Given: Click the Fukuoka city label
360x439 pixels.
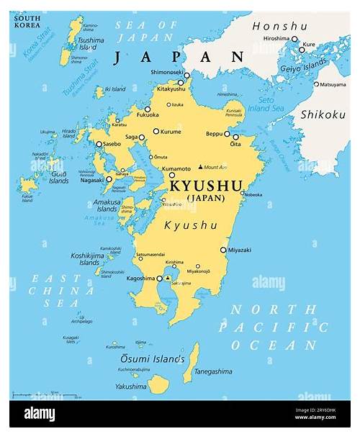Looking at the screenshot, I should (146, 114).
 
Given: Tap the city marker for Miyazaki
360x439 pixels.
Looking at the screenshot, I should (223, 250).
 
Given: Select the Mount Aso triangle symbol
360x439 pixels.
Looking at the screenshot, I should (200, 167).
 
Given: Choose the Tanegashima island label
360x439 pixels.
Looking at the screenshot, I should (212, 371).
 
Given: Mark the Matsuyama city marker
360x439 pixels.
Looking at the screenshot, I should (315, 84).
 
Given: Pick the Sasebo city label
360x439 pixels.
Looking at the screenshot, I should (112, 144).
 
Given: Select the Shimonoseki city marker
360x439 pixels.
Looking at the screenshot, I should (186, 75).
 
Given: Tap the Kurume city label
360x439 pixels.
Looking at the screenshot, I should (171, 132).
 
